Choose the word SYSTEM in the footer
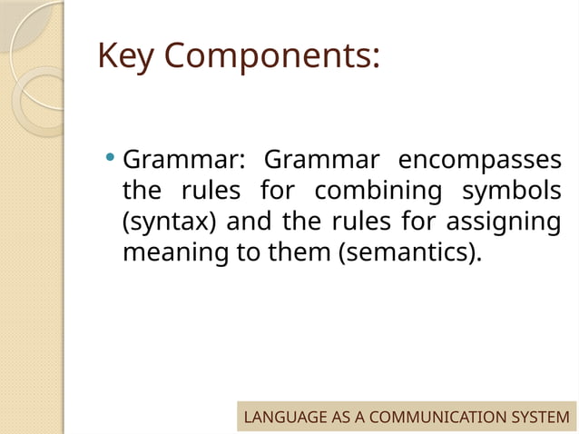tap(541, 418)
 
